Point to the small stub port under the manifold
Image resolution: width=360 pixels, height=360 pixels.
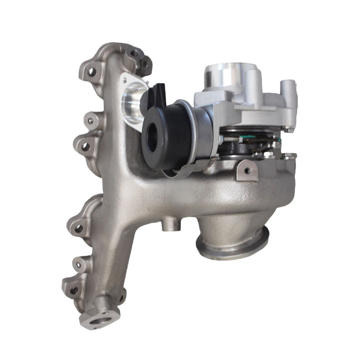point(170,222)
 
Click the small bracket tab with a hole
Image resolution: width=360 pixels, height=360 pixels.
point(247,170)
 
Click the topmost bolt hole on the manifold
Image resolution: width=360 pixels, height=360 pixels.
point(135,53)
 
